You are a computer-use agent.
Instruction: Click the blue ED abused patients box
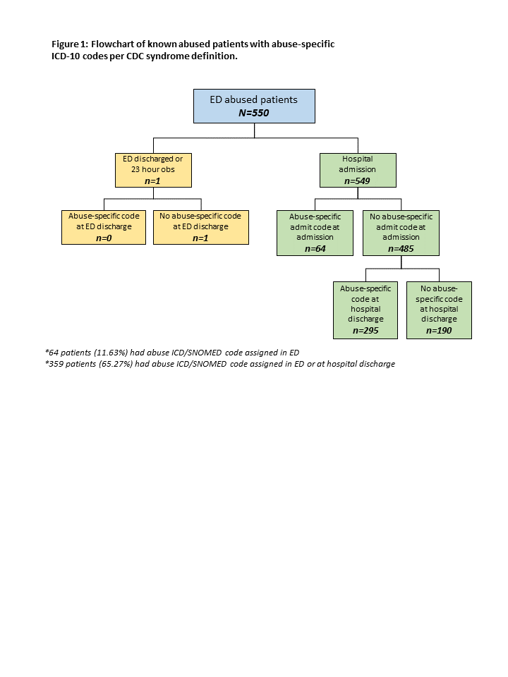point(254,106)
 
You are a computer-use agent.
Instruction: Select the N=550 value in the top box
point(254,113)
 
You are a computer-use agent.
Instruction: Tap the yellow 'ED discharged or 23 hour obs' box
point(153,170)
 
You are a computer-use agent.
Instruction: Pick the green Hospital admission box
point(358,170)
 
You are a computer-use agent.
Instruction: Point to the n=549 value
point(357,181)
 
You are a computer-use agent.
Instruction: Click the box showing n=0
point(104,227)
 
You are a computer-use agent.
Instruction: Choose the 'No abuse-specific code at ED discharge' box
point(201,227)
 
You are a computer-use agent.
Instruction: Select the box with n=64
point(315,233)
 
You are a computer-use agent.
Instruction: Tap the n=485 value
point(401,249)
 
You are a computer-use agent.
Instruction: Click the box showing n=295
point(365,310)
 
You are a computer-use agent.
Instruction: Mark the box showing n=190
point(439,310)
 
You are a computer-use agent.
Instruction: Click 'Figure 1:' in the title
point(70,44)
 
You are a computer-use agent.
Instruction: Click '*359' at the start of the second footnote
point(54,364)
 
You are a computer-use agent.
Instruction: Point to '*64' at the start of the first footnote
point(52,353)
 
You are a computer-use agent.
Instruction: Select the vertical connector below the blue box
point(254,130)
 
